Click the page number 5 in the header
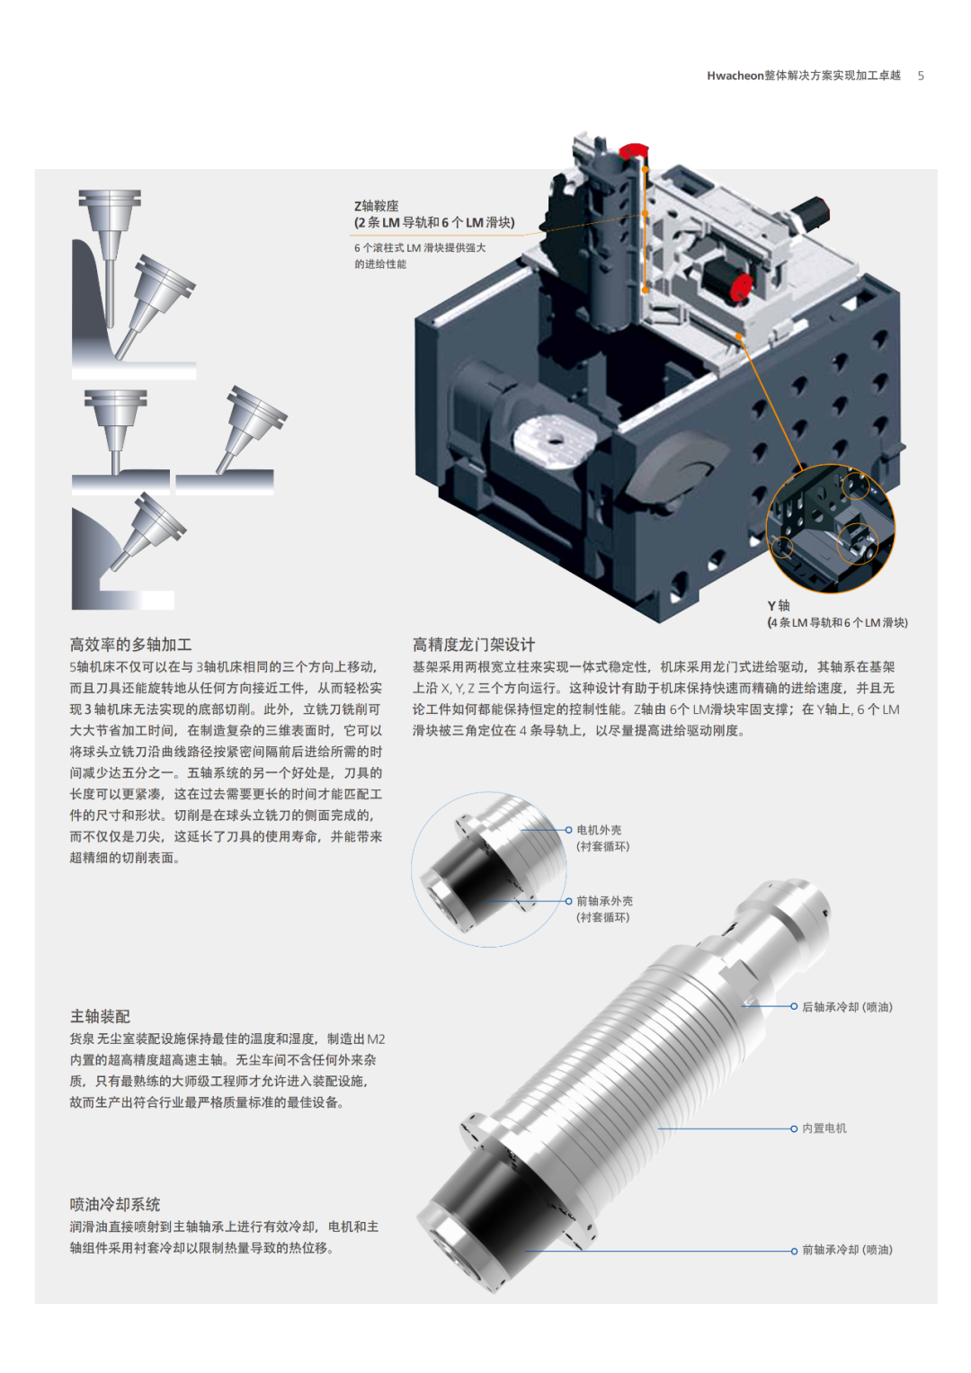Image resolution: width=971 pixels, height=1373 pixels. coord(920,76)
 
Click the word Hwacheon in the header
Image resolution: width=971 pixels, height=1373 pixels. coord(735,76)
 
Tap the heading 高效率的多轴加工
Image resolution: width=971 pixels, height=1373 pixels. coord(130,644)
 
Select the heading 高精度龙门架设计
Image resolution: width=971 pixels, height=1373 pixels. coord(473,644)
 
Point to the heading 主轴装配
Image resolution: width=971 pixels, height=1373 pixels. coord(100,1016)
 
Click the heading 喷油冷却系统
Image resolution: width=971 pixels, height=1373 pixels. coord(115,1205)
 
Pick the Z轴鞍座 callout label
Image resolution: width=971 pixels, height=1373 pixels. coord(377,206)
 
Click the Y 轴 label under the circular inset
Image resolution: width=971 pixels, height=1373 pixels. coord(779,606)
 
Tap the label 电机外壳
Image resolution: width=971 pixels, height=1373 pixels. coord(599,830)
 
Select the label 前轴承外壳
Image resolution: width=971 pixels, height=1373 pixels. coord(604,901)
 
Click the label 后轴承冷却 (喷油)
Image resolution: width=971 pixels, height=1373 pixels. coord(847,1007)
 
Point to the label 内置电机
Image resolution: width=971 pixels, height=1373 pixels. coord(824,1128)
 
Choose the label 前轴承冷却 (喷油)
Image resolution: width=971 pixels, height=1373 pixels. coord(847,1250)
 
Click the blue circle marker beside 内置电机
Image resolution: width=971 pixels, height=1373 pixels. coord(794,1128)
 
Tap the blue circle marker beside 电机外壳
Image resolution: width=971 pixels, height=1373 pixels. coord(568,830)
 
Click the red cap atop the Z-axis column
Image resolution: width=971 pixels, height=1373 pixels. coord(632,150)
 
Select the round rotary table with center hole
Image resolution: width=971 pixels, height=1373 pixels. coord(555,440)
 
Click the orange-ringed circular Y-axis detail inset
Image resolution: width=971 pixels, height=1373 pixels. coord(831,529)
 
